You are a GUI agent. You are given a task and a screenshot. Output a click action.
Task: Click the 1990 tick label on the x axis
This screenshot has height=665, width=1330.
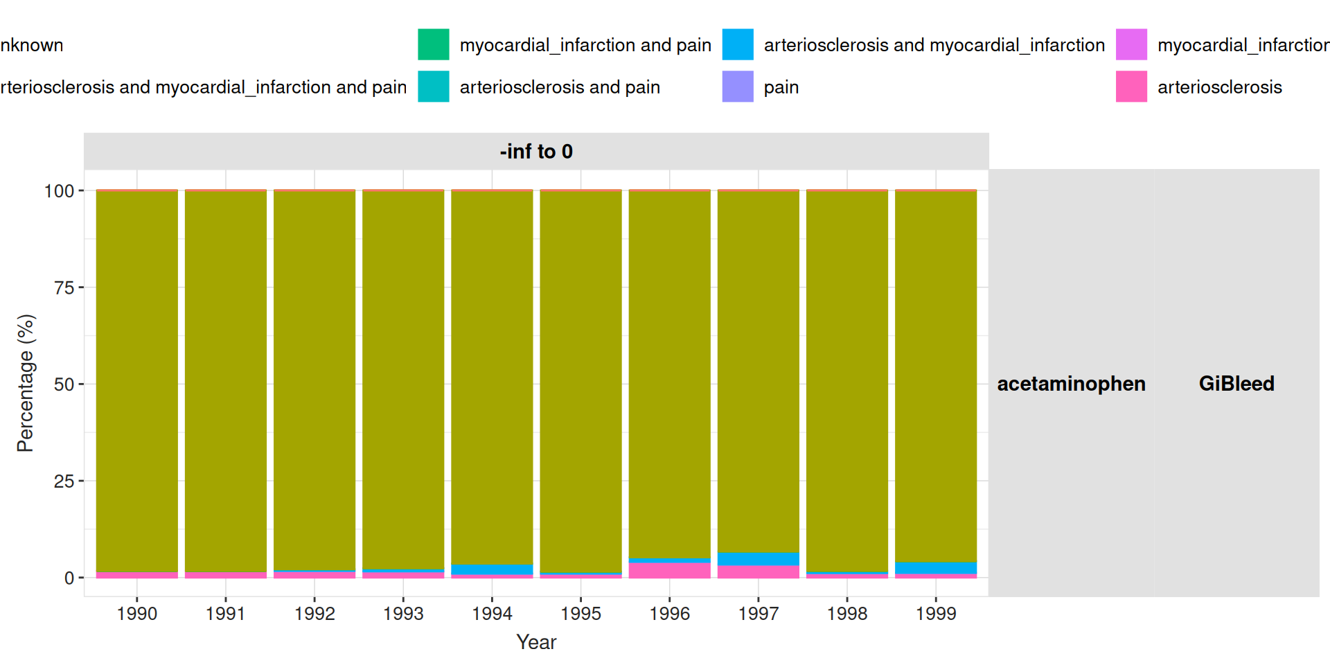pyautogui.click(x=137, y=614)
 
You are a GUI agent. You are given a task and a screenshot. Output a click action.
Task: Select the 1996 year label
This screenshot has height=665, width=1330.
pyautogui.click(x=669, y=614)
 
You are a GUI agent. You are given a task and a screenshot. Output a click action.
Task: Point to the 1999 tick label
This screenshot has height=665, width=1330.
pyautogui.click(x=936, y=614)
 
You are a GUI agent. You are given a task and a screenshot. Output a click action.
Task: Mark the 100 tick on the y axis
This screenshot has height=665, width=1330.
pyautogui.click(x=59, y=191)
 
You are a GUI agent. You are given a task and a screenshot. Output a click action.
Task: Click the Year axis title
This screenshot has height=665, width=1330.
pyautogui.click(x=536, y=642)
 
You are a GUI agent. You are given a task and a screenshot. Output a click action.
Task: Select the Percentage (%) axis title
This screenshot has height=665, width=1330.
pyautogui.click(x=26, y=383)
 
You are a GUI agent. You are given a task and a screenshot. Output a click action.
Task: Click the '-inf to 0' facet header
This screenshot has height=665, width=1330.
pyautogui.click(x=536, y=151)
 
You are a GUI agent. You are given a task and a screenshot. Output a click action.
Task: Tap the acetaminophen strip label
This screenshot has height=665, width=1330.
pyautogui.click(x=1071, y=383)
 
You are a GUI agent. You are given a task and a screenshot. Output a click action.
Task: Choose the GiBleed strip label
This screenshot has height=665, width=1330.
pyautogui.click(x=1236, y=383)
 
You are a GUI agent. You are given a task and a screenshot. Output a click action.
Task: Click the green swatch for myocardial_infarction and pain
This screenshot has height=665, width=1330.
pyautogui.click(x=434, y=45)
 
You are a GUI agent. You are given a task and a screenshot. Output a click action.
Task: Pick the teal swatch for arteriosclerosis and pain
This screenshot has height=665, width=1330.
pyautogui.click(x=434, y=87)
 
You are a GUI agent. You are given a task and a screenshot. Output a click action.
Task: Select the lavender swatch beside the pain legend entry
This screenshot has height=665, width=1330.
pyautogui.click(x=738, y=87)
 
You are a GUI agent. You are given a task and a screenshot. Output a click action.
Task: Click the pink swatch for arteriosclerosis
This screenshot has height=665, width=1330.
pyautogui.click(x=1131, y=87)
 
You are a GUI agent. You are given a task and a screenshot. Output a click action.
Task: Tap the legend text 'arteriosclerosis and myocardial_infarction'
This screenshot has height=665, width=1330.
pyautogui.click(x=934, y=45)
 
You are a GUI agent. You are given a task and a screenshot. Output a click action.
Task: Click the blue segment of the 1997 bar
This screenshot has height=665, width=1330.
pyautogui.click(x=759, y=559)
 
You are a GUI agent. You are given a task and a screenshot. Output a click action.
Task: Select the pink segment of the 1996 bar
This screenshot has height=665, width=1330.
pyautogui.click(x=669, y=570)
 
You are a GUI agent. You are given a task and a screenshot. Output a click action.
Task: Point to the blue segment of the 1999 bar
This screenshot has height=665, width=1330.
pyautogui.click(x=936, y=568)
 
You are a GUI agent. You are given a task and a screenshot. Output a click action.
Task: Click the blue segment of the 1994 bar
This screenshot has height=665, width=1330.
pyautogui.click(x=492, y=569)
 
